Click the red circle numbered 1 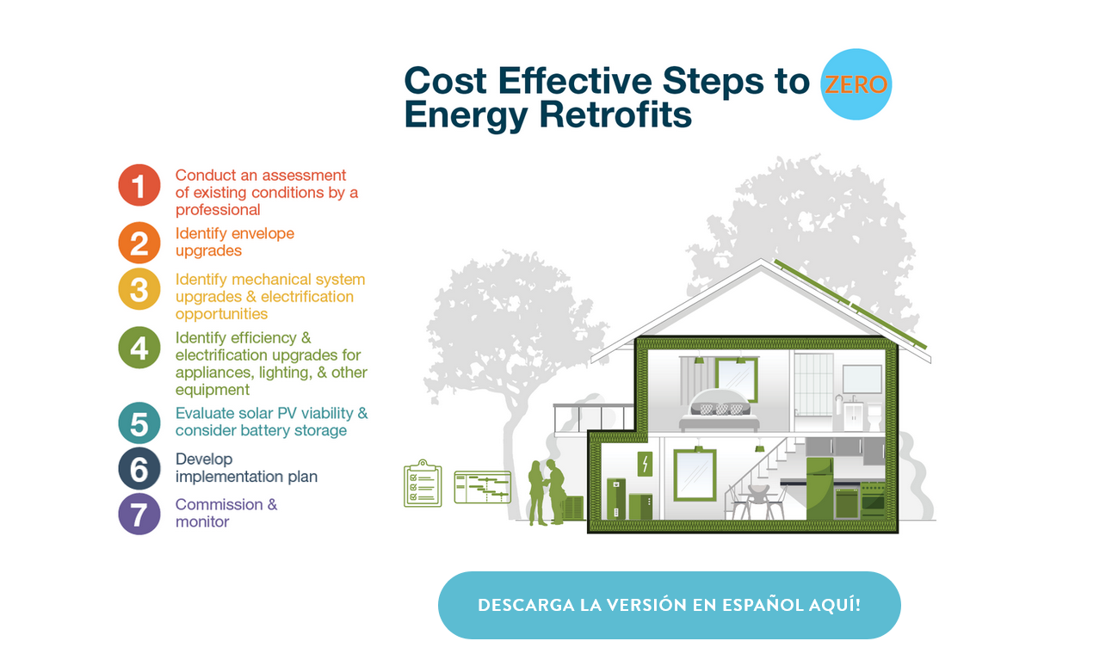tap(139, 185)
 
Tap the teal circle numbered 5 tap(139, 423)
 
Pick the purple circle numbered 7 tap(139, 514)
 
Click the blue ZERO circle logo tap(856, 84)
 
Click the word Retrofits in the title tap(616, 114)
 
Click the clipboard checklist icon tap(423, 484)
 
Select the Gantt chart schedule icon tap(482, 486)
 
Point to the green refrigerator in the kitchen tap(819, 488)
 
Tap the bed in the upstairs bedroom tap(720, 411)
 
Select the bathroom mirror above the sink tap(862, 379)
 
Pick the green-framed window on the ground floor tap(695, 475)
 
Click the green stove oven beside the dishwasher tap(873, 499)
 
